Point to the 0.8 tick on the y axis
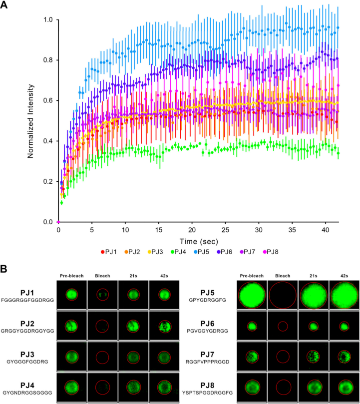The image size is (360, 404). coord(48,60)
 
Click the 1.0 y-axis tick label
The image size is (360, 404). coord(48,20)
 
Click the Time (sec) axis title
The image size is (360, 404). coord(192,241)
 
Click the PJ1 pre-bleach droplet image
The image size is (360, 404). coord(71,295)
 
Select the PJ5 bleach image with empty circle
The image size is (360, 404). coord(283,295)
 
